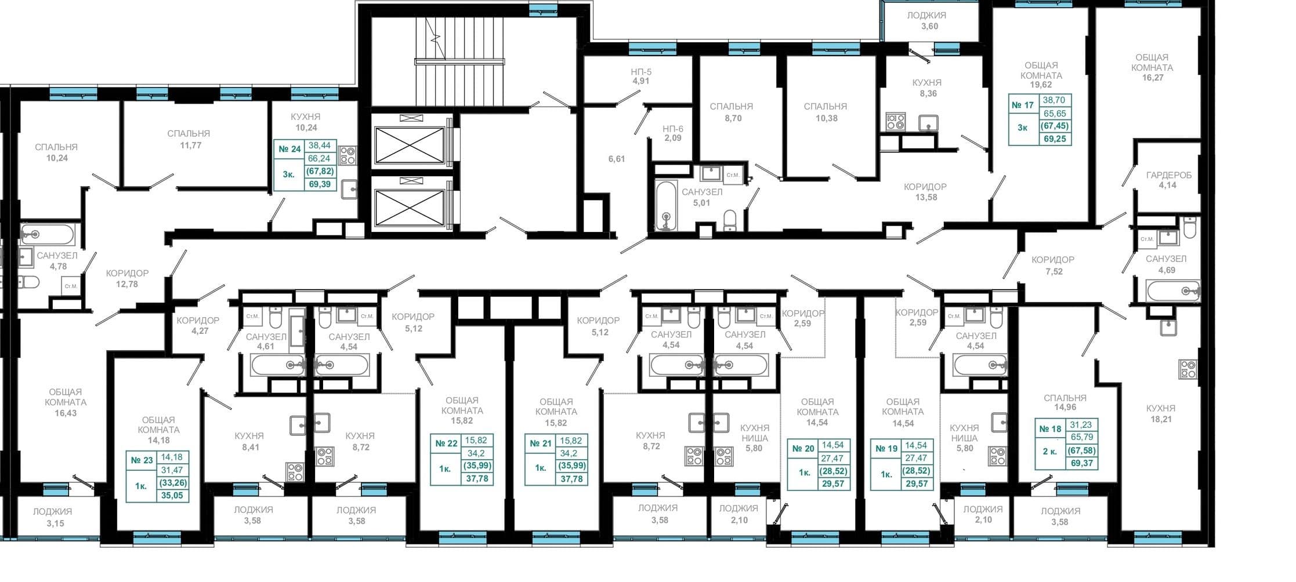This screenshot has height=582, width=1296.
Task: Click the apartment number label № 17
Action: point(1023,106)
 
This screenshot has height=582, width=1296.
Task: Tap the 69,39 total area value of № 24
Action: point(320,184)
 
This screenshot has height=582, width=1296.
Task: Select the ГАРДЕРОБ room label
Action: point(1168,175)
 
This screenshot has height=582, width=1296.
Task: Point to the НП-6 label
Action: point(673,129)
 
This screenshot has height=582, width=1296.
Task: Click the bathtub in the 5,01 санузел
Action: point(665,206)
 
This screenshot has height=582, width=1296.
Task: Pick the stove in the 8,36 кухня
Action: point(895,122)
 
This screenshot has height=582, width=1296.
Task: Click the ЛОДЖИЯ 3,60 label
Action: point(926,21)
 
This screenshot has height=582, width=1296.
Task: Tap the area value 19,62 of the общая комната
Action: point(1041,85)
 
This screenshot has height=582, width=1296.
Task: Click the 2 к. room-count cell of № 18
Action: point(1049,450)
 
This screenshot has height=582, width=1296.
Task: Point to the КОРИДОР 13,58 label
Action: point(925,192)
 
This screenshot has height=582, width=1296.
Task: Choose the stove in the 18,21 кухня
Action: point(1188,369)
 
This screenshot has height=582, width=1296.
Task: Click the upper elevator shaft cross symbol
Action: point(410,144)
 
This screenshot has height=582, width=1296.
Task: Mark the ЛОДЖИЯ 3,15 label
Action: point(52,517)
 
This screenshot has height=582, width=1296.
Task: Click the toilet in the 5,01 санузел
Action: point(730,220)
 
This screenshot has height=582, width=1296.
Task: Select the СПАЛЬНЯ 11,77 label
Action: point(189,139)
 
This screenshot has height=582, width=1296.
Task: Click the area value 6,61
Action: point(616,159)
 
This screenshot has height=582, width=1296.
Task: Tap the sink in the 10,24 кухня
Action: point(349,189)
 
